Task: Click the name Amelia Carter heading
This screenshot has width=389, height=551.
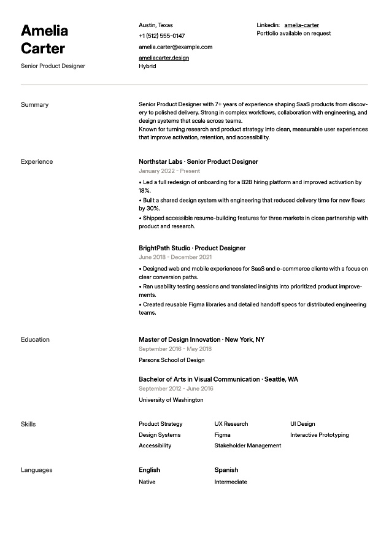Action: tap(44, 39)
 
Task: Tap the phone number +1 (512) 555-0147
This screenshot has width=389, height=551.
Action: tap(161, 36)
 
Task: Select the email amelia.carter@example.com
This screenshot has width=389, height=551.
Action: tap(175, 47)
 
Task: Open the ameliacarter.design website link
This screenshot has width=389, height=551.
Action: tap(164, 58)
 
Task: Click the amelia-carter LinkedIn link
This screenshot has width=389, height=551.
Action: tap(301, 25)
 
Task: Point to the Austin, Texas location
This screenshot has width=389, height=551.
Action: tap(156, 25)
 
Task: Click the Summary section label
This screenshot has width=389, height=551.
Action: tap(34, 105)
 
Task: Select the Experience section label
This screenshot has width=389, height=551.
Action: tap(37, 162)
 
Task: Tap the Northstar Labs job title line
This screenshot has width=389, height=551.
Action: tap(198, 162)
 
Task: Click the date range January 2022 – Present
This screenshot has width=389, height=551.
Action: tap(169, 171)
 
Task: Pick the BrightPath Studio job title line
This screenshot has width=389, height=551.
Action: tap(192, 249)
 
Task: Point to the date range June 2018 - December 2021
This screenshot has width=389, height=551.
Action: tap(175, 258)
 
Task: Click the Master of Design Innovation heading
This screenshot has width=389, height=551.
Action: tap(180, 340)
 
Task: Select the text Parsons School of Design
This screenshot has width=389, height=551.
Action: tap(172, 360)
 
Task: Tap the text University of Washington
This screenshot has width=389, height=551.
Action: tap(171, 400)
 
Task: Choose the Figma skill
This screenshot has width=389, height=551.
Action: tap(222, 435)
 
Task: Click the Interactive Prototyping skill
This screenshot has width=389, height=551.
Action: tap(319, 435)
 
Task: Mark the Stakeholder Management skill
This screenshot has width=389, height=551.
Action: tap(247, 446)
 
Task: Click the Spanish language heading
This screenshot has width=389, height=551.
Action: tap(226, 471)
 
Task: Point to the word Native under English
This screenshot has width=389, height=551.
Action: tap(147, 482)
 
